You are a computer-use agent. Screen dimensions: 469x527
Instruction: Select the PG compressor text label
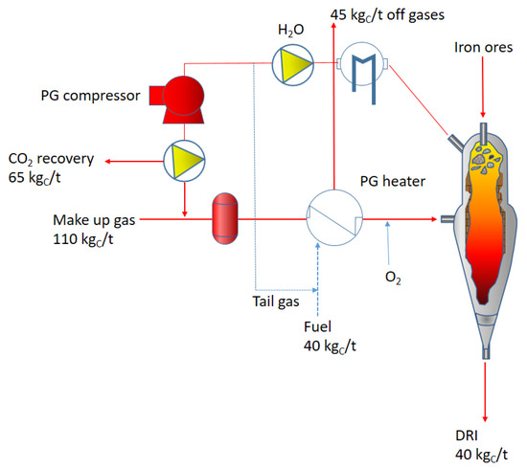pos(91,96)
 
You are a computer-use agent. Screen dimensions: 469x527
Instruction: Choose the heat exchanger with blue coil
pos(360,66)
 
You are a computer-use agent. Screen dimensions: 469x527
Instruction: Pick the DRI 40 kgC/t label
pos(484,445)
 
